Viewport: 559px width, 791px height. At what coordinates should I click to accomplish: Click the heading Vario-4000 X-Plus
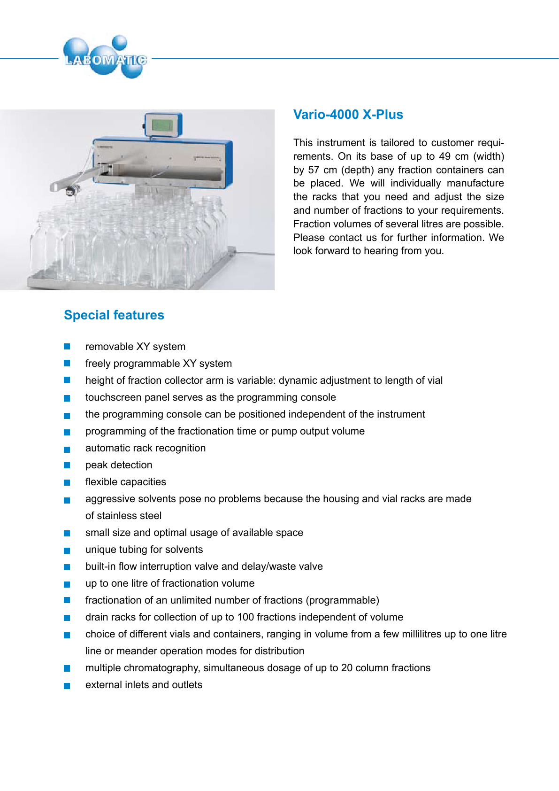click(x=348, y=115)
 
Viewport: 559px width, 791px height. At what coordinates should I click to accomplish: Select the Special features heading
click(x=114, y=315)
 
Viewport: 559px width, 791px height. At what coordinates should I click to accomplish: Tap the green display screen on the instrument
click(x=162, y=125)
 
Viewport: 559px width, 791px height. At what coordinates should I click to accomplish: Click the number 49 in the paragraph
click(x=444, y=156)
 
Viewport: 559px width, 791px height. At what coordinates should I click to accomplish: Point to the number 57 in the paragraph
click(x=314, y=170)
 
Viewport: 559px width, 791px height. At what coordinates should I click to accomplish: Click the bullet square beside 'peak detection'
click(x=67, y=465)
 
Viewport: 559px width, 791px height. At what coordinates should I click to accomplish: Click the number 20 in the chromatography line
click(x=347, y=668)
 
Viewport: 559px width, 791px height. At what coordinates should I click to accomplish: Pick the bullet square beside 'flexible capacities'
click(x=67, y=482)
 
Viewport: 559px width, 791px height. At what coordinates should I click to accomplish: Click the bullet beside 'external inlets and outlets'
click(x=67, y=686)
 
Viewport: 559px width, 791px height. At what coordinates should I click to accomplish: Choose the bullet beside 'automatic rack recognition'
click(x=67, y=449)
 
